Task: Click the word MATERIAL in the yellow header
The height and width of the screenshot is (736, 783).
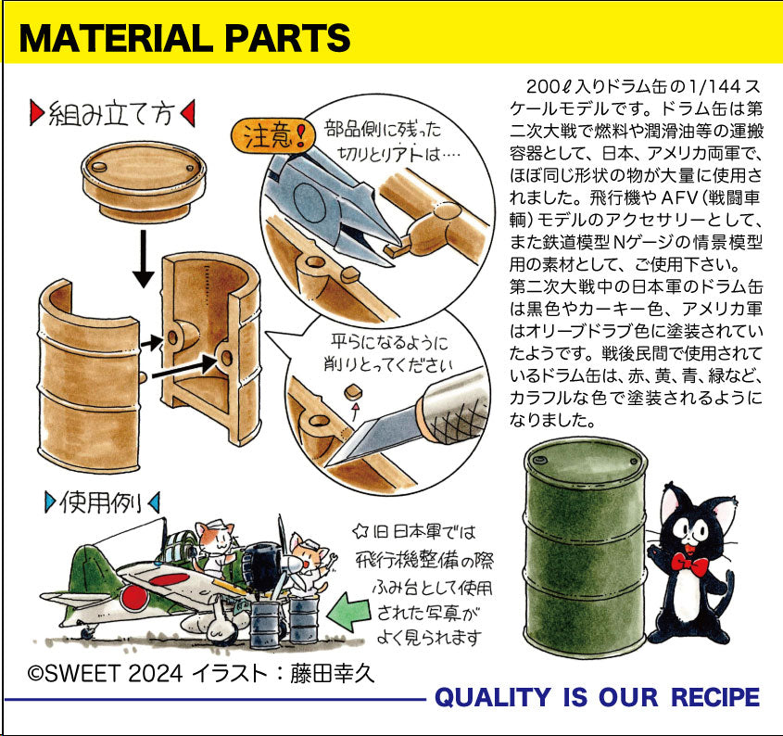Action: point(117,37)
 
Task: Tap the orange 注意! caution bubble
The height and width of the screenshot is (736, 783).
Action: point(273,135)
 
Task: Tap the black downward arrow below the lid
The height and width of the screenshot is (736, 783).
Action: point(144,259)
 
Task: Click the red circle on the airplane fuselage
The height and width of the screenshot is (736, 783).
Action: point(133,598)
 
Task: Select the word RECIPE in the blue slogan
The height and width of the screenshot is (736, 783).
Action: point(714,697)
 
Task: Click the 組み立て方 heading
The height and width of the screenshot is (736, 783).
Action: point(112,114)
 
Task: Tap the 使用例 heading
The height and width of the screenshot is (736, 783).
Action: point(102,502)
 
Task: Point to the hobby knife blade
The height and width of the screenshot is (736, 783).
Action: point(380,434)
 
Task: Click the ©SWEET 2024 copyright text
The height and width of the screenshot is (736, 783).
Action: point(105,673)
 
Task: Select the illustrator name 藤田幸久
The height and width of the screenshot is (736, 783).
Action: point(332,673)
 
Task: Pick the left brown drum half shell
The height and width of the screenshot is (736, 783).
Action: point(89,374)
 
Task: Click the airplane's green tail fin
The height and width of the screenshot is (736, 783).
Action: point(90,565)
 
